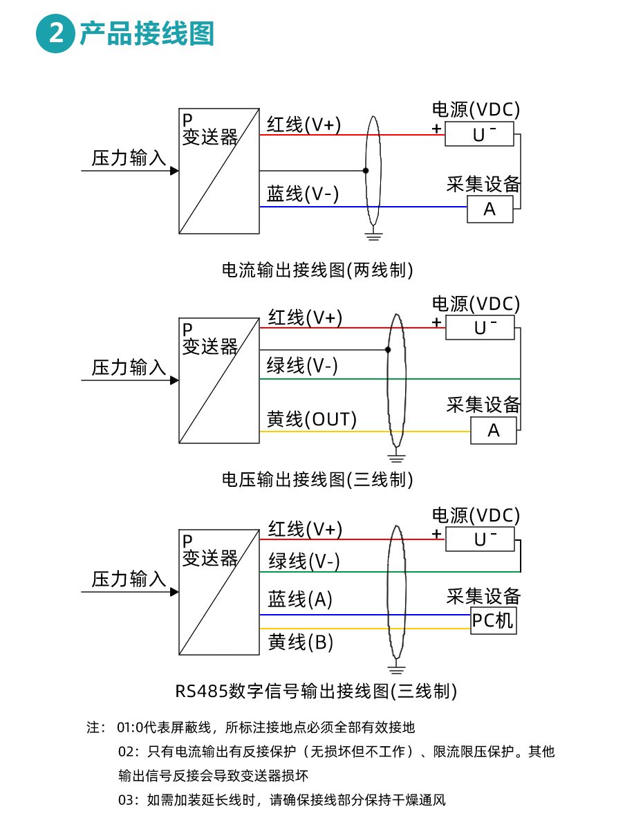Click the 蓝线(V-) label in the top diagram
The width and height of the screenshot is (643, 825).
[x=303, y=194]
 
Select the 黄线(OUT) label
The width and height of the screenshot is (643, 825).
[x=312, y=419]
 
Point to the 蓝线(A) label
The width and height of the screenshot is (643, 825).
[x=300, y=599]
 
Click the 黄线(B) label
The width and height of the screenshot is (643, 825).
[x=301, y=642]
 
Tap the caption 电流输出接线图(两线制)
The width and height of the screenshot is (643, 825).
[x=317, y=270]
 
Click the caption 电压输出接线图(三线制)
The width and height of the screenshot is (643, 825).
[x=317, y=479]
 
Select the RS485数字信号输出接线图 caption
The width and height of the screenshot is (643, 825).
[x=316, y=690]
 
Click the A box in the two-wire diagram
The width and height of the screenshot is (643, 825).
[x=490, y=209]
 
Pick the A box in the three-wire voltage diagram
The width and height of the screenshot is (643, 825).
[x=493, y=431]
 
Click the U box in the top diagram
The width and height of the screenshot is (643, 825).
[x=479, y=134]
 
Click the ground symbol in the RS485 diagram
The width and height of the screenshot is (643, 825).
[x=395, y=669]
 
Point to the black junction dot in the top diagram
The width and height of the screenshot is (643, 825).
[x=366, y=170]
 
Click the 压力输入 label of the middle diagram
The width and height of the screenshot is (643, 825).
[x=129, y=367]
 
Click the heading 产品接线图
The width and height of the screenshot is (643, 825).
[x=147, y=34]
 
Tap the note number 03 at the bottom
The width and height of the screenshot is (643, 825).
[x=129, y=801]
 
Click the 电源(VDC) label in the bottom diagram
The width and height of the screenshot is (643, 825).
[x=476, y=515]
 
